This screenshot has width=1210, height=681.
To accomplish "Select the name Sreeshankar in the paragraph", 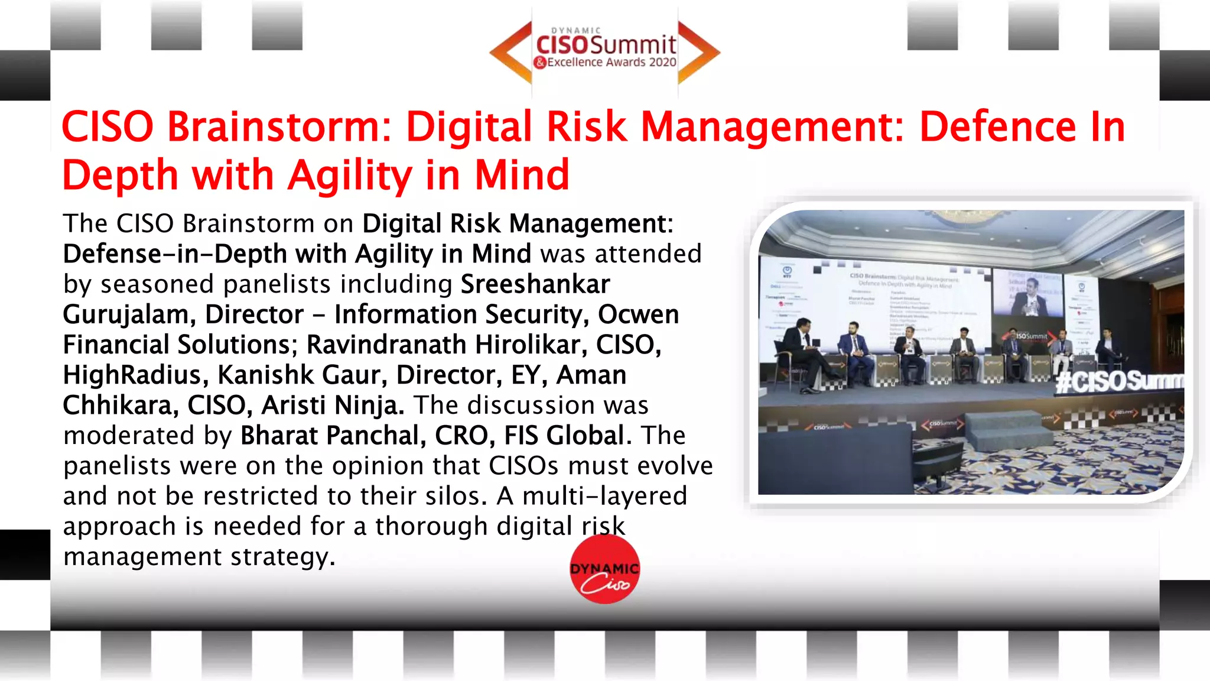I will point(535,284).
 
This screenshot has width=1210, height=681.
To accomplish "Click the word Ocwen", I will point(638,314).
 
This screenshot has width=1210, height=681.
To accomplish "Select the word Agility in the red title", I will point(350,176).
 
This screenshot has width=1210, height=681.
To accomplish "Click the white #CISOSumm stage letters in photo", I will point(1120,381).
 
